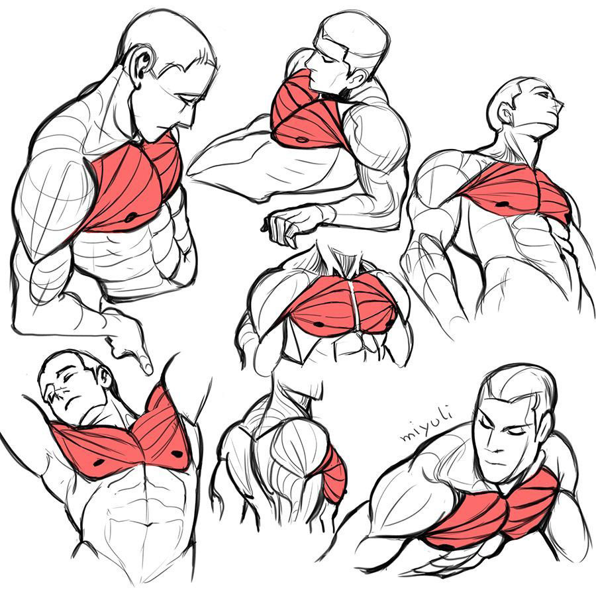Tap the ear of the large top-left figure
142,66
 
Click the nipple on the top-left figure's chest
130,217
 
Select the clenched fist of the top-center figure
281,227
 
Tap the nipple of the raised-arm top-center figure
301,140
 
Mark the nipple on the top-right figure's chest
503,205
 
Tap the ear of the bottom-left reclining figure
104,377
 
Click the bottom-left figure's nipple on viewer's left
99,463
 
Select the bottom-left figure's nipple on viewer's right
177,453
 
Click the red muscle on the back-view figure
333,473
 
